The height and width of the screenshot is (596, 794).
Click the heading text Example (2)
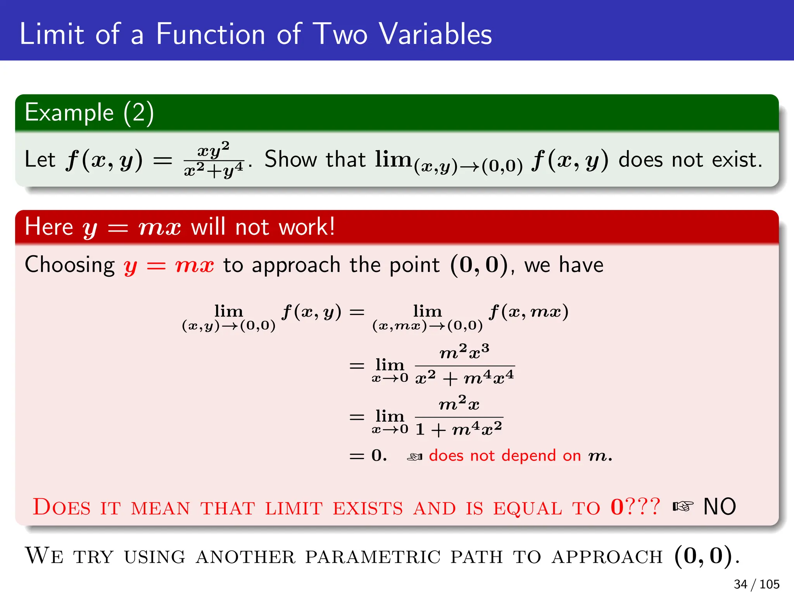click(89, 113)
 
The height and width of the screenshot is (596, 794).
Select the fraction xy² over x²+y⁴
click(214, 159)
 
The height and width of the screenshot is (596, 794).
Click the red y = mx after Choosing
click(169, 266)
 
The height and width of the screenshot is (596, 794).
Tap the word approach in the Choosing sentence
click(296, 266)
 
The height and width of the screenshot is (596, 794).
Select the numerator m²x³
click(464, 352)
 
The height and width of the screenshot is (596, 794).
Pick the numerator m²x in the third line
click(459, 404)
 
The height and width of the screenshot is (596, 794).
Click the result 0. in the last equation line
click(379, 455)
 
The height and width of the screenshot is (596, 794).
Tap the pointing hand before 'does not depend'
click(414, 457)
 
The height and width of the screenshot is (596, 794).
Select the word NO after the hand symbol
click(720, 507)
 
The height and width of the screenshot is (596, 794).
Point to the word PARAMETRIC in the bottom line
click(373, 557)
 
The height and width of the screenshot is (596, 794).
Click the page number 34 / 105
click(756, 584)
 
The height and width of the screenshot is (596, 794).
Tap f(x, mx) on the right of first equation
click(528, 312)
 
